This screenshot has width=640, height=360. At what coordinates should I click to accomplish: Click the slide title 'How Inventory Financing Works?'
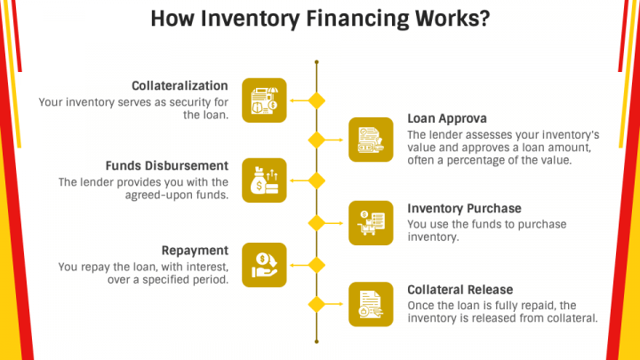pyautogui.click(x=319, y=20)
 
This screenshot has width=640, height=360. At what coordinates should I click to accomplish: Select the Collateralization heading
pyautogui.click(x=180, y=86)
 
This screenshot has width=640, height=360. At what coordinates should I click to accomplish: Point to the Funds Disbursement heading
pyautogui.click(x=166, y=166)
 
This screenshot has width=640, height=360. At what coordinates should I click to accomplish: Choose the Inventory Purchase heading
pyautogui.click(x=464, y=209)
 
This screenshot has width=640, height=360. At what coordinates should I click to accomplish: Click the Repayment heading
pyautogui.click(x=195, y=251)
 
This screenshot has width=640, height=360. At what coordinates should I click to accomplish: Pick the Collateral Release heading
pyautogui.click(x=460, y=290)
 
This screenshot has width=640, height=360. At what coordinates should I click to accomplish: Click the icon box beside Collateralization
pyautogui.click(x=264, y=100)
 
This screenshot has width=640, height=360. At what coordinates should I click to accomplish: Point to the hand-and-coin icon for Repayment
pyautogui.click(x=264, y=264)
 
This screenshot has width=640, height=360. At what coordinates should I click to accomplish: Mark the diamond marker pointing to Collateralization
pyautogui.click(x=316, y=100)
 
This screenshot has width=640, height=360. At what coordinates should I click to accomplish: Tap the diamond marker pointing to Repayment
pyautogui.click(x=316, y=264)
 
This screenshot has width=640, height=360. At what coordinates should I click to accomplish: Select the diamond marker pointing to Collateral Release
pyautogui.click(x=316, y=304)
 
